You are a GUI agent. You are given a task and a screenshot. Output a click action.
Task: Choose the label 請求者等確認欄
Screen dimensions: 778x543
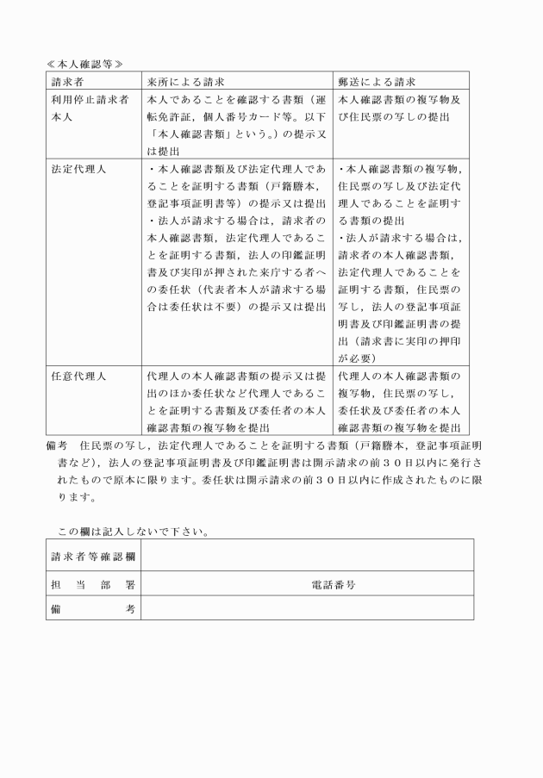pos(92,556)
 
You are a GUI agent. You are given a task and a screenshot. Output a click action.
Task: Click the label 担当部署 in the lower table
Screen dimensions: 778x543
pos(92,583)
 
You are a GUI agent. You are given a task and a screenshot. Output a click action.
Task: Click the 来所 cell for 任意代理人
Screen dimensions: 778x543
pos(236,401)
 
